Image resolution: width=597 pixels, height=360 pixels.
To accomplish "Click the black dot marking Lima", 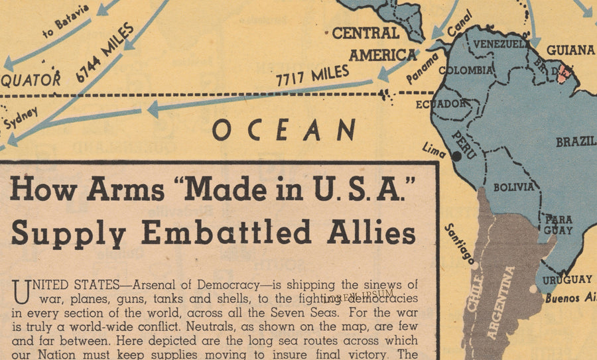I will [456, 156].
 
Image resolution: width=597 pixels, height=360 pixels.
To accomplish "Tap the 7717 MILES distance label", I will [312, 77].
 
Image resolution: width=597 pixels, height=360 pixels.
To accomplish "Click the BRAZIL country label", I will [576, 142].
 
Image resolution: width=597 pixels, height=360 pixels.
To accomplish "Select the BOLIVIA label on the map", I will [513, 187].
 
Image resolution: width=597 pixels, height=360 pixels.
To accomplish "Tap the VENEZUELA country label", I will [501, 44].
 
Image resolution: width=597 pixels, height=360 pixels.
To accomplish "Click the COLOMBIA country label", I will [466, 70].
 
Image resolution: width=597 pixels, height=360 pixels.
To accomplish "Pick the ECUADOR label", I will [441, 103].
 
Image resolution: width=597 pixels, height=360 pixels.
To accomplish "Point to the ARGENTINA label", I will [501, 302].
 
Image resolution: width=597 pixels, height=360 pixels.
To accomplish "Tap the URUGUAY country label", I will [566, 279].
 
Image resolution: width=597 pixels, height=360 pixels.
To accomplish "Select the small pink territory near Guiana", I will [564, 73].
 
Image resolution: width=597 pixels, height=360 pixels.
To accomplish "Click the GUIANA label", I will [570, 50].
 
